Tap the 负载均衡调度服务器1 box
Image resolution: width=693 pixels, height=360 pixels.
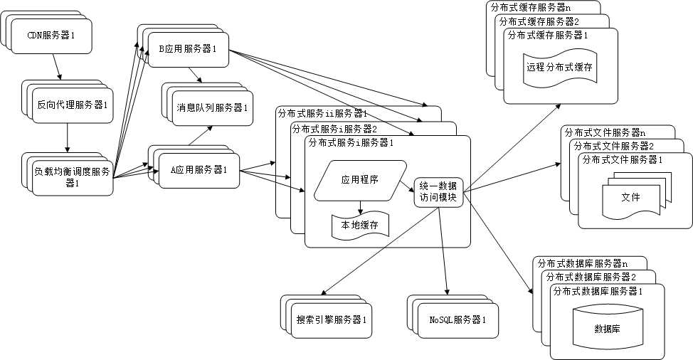[x=71, y=177]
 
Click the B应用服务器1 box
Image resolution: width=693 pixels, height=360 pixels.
[x=188, y=49]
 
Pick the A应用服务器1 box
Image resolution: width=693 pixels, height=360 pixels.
[x=199, y=170]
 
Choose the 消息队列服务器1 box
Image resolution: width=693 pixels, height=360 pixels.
[x=211, y=108]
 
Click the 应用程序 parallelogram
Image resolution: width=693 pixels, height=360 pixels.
[x=359, y=179]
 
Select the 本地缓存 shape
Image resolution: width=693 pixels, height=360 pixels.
[x=360, y=226]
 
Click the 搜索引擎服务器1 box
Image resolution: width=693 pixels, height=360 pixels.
[x=332, y=320]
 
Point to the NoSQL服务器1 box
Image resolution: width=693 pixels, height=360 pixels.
[x=457, y=320]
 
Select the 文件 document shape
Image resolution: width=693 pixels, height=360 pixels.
[x=630, y=197]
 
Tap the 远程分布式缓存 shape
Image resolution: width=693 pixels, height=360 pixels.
[x=559, y=69]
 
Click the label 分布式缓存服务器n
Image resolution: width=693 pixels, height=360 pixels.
[x=531, y=7]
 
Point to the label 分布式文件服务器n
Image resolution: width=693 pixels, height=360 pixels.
[x=604, y=132]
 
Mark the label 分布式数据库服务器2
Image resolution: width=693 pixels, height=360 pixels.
[x=588, y=276]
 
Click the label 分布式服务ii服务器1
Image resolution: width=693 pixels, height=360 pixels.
[x=322, y=113]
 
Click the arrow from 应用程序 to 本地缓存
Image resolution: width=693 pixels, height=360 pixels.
[x=361, y=206]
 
